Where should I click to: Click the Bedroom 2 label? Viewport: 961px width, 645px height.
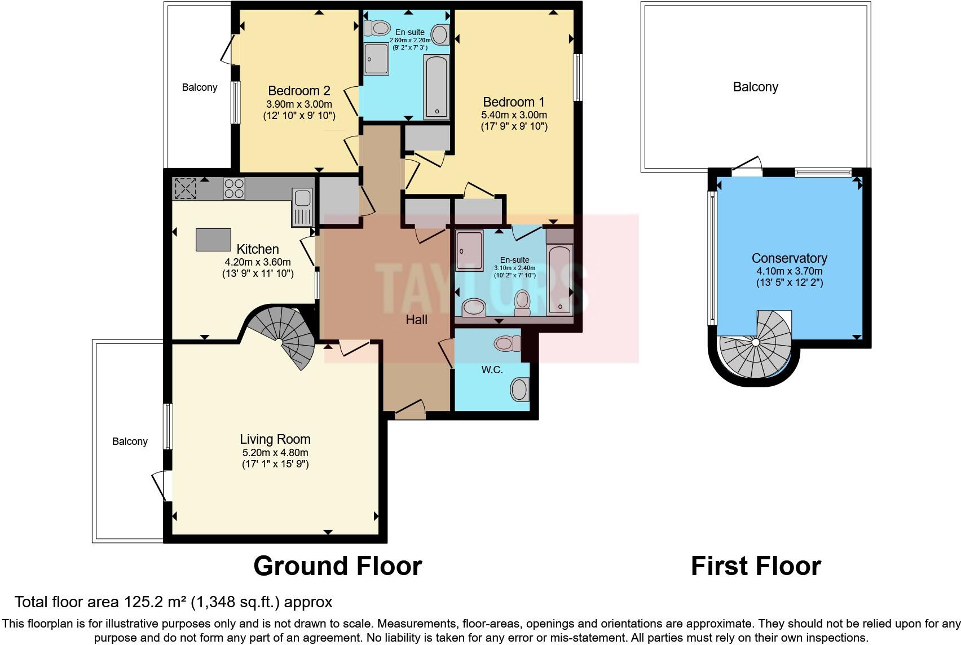(x=299, y=91)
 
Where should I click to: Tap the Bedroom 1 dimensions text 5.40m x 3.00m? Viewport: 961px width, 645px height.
(x=514, y=114)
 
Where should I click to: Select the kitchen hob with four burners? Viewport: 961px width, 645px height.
(x=234, y=188)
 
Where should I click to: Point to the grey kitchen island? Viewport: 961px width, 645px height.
(x=213, y=240)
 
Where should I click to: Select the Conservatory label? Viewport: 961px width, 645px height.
(x=789, y=258)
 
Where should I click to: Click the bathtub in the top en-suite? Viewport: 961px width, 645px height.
(x=437, y=87)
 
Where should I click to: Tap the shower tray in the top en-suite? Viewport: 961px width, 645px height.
(x=376, y=59)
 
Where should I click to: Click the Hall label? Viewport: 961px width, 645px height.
(x=416, y=320)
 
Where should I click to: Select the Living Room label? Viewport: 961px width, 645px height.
(x=275, y=439)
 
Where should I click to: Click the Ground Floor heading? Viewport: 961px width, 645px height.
(x=337, y=566)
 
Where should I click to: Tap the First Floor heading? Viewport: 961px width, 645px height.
(x=756, y=566)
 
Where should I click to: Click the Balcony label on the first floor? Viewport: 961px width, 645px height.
(x=755, y=87)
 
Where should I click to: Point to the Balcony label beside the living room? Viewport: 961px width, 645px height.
(x=130, y=441)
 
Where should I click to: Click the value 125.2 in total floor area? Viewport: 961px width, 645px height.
(x=143, y=602)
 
